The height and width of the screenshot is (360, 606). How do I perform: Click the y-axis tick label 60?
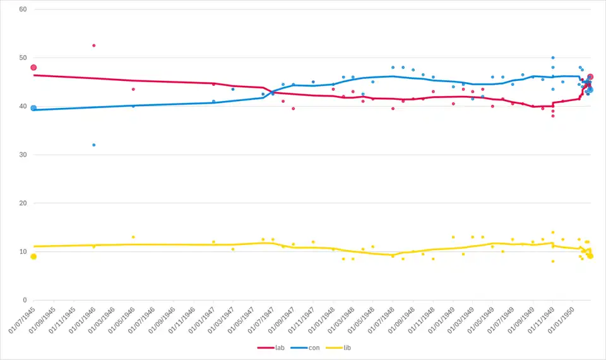(x=23, y=9)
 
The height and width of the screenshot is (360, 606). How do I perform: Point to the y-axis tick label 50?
(x=23, y=58)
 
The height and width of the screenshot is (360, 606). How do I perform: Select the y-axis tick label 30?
(x=23, y=155)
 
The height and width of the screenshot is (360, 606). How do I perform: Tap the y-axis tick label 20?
(x=23, y=203)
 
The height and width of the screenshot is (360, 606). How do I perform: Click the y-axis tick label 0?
(x=25, y=300)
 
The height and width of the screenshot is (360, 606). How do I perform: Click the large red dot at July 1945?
(x=33, y=68)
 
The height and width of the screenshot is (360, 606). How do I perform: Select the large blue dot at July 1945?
(x=33, y=108)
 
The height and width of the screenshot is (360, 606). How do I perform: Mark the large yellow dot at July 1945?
(x=33, y=256)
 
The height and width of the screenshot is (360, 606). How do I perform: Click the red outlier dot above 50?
(x=93, y=45)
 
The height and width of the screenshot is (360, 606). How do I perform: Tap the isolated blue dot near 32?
(x=93, y=145)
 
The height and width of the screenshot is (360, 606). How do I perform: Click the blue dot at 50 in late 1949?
(x=553, y=57)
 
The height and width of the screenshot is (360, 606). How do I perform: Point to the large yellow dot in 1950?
(x=590, y=256)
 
